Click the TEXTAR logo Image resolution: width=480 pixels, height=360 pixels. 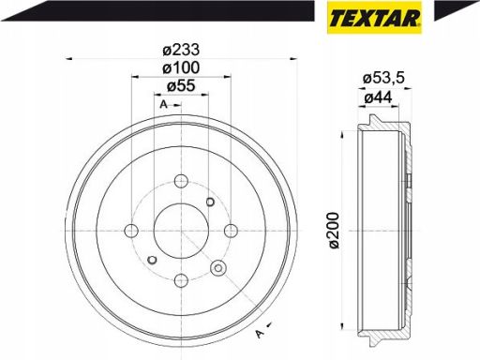374,17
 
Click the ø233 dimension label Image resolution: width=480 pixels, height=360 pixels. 181,50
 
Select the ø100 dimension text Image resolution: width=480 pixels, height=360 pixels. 181,67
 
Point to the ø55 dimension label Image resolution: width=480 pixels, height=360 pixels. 181,85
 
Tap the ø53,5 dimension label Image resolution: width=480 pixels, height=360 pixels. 383,78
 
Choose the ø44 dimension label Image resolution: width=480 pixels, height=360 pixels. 378,98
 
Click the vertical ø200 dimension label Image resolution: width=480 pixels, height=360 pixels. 334,231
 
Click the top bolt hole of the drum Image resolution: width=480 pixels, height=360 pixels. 181,181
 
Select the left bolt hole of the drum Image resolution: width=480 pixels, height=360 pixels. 131,231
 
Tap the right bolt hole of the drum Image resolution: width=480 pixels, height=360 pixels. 232,231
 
